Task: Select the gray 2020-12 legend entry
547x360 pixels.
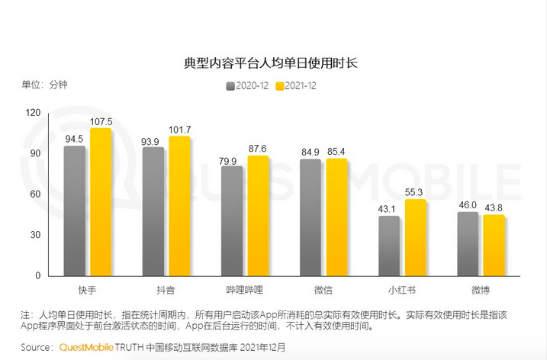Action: pos(247,85)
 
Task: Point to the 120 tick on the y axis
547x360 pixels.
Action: pos(33,112)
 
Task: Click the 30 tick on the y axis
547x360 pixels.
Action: pos(35,235)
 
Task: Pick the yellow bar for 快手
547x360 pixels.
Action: pos(101,202)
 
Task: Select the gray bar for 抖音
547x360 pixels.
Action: pos(153,211)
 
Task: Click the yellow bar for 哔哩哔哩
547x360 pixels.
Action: pos(258,216)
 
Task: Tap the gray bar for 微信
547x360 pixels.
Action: pos(311,217)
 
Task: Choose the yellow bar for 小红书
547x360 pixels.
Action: pos(414,238)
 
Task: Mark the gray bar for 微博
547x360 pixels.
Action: pos(468,244)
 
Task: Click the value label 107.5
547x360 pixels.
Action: pos(101,121)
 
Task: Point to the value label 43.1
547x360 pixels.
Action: pos(388,208)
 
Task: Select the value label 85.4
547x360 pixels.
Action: pos(336,150)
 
